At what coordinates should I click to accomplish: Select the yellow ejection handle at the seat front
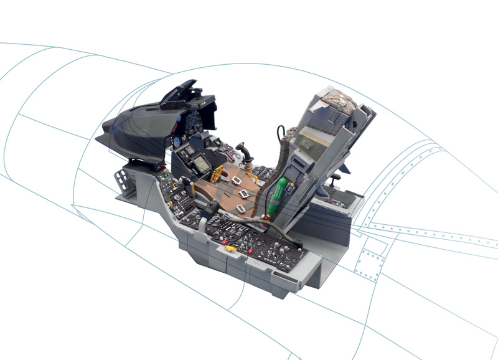[218, 173]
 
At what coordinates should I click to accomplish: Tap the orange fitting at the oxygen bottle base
[269, 215]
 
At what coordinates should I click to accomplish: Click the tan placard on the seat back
[307, 141]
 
